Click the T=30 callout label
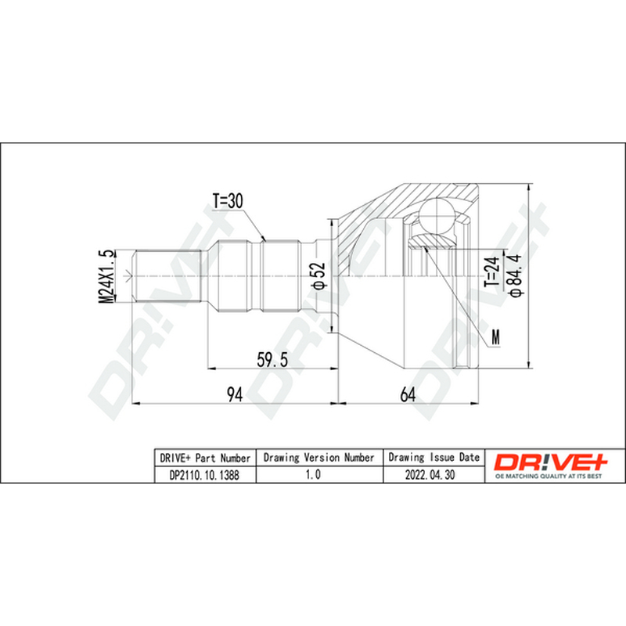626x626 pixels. click(228, 201)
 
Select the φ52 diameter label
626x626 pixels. click(320, 275)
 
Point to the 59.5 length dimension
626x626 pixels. click(272, 360)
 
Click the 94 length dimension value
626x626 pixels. click(235, 395)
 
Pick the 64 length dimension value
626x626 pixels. click(408, 395)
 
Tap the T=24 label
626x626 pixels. click(492, 272)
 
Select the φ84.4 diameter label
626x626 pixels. click(515, 275)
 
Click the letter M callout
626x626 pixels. click(495, 338)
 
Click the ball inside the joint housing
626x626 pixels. click(437, 216)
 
